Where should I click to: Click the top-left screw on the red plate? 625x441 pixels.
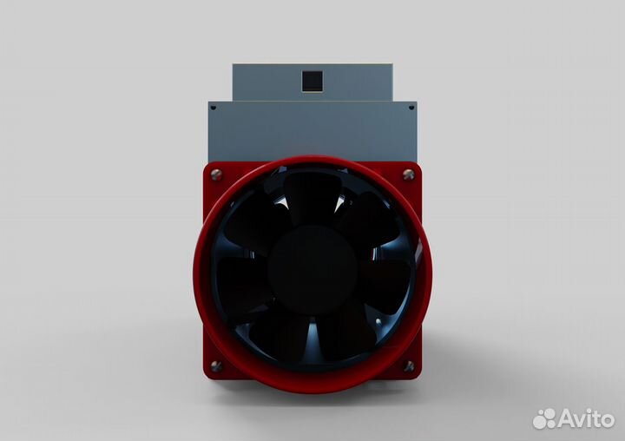tap(216, 174)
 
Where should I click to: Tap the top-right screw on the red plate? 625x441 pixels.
tap(409, 174)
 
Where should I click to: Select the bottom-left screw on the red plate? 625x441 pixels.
tap(216, 365)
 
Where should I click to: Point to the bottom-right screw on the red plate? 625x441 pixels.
tap(409, 365)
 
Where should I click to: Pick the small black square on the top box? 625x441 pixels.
tap(312, 82)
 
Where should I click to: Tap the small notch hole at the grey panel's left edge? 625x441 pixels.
tap(211, 108)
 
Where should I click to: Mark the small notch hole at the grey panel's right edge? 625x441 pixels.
tap(412, 108)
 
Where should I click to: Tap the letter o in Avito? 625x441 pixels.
tap(606, 420)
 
